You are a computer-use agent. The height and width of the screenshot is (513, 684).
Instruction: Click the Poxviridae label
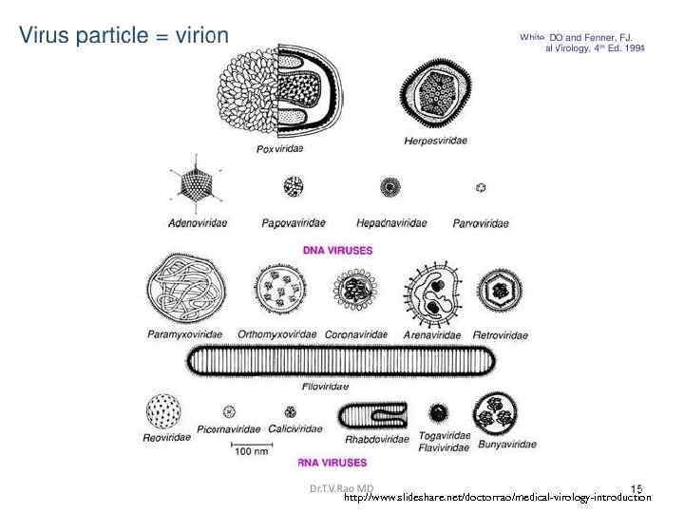[x=284, y=148]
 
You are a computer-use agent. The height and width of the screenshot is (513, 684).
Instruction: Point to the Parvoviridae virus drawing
[x=481, y=188]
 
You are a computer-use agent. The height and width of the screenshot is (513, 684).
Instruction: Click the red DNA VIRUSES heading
[x=337, y=251]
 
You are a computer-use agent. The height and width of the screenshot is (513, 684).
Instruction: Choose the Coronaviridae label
[x=356, y=334]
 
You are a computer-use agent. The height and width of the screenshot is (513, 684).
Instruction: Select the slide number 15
[x=636, y=488]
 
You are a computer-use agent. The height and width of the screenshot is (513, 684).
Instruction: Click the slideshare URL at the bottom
[x=497, y=498]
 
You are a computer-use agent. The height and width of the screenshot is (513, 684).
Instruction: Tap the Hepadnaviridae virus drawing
[x=389, y=187]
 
